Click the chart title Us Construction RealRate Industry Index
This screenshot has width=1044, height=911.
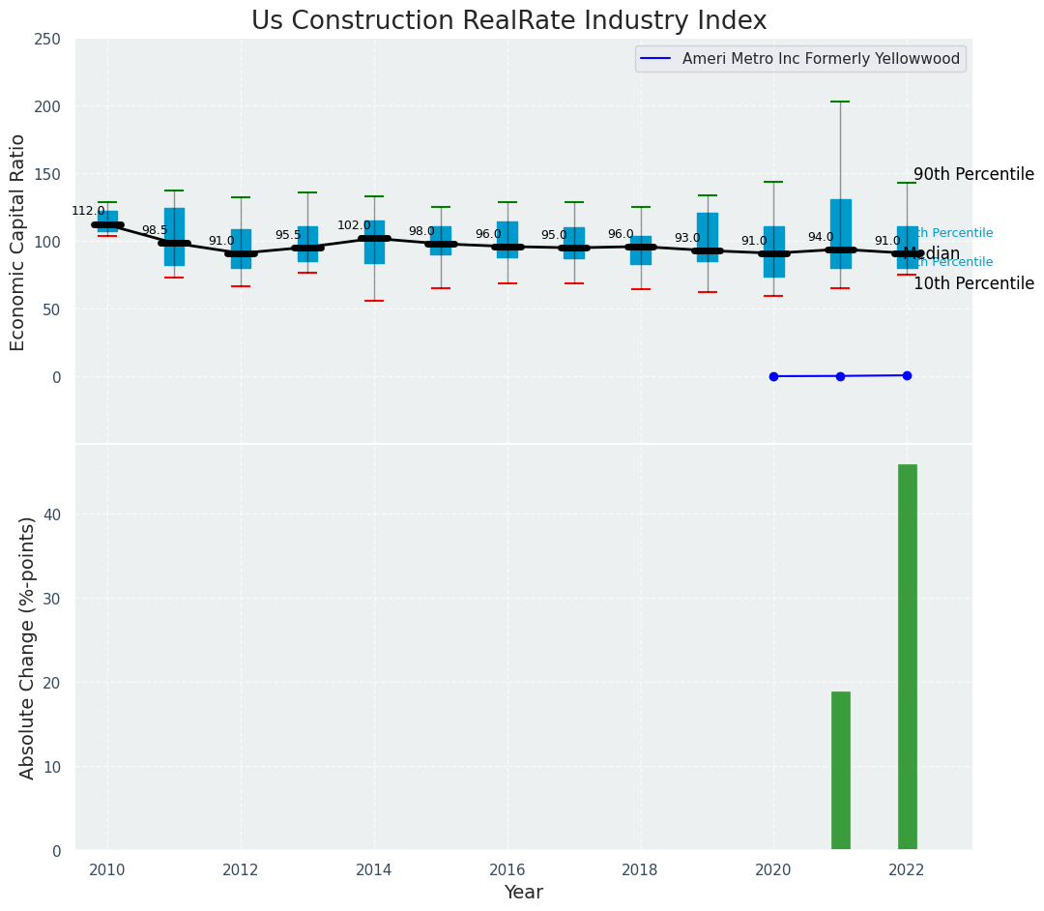coord(508,21)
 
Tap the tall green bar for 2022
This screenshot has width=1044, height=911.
coord(907,658)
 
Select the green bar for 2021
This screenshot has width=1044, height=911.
coord(840,771)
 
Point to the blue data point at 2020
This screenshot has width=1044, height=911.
coord(773,376)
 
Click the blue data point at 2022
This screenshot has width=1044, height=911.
coord(907,375)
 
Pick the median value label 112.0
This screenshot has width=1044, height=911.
coord(88,211)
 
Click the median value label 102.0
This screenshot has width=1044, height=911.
coord(354,225)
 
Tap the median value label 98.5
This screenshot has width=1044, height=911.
coord(155,230)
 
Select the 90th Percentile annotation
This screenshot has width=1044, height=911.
coord(972,175)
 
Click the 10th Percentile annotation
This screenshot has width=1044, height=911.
coord(972,284)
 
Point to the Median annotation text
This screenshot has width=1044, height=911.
coord(931,254)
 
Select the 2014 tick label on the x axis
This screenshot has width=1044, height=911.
coord(373,869)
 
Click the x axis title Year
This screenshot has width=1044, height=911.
coord(523,893)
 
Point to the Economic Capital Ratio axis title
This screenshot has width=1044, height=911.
coord(18,242)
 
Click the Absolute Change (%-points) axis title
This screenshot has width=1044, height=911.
coord(28,647)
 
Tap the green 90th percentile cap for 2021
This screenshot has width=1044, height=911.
coord(840,102)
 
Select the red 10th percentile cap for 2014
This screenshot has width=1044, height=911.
coord(373,301)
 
